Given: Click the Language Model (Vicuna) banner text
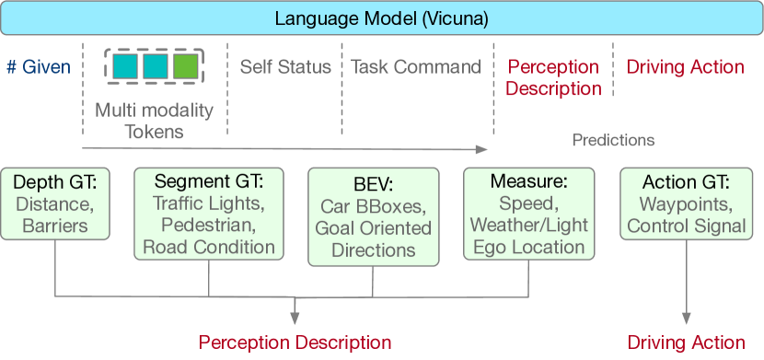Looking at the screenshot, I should [x=381, y=17].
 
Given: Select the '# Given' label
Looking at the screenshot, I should [x=38, y=66].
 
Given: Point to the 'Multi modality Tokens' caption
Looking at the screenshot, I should [x=154, y=121].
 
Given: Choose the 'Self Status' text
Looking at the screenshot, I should [x=285, y=66].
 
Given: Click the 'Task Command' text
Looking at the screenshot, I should [x=416, y=66].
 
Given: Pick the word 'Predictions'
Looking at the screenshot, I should [x=613, y=140].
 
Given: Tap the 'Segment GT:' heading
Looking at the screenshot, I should [x=209, y=181].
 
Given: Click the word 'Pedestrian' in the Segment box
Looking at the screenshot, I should [x=209, y=226].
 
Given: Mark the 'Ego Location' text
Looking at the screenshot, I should [x=527, y=246].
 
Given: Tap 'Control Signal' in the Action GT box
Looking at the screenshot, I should [x=686, y=226].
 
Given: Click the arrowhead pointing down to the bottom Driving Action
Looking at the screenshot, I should [x=686, y=319].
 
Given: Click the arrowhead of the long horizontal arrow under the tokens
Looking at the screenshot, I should [x=480, y=147].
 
